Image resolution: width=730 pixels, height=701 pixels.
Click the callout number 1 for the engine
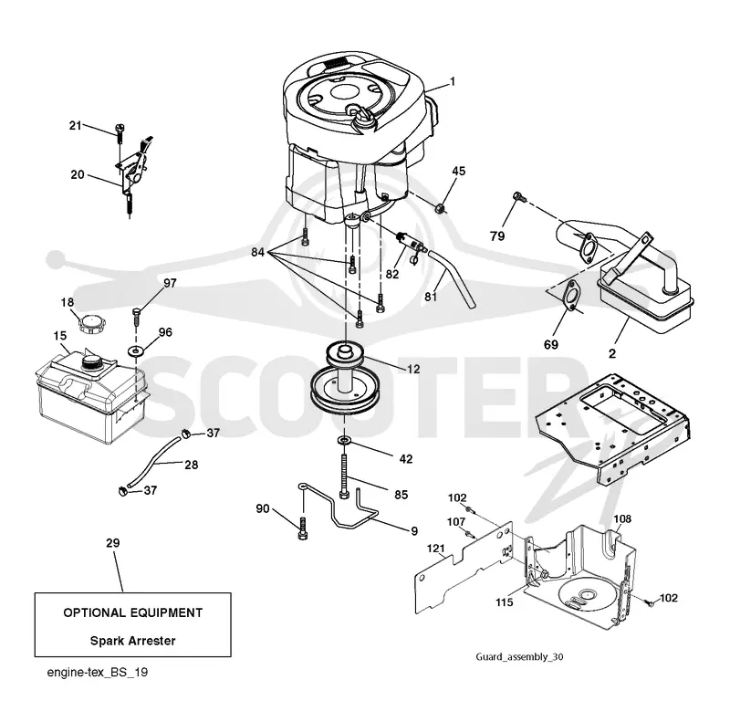[452, 82]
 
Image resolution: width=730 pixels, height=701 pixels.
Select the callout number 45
[459, 171]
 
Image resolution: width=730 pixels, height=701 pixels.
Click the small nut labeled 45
[440, 208]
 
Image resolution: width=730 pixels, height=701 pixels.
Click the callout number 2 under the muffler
[612, 353]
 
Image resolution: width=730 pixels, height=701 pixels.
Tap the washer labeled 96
[136, 350]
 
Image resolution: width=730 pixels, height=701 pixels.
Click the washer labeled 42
[345, 440]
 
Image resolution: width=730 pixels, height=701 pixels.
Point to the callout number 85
[401, 494]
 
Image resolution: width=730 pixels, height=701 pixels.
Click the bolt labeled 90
[303, 528]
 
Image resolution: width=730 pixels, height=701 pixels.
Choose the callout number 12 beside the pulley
[413, 369]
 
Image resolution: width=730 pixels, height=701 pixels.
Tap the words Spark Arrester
[132, 641]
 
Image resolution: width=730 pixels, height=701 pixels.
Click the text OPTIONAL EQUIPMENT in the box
[132, 612]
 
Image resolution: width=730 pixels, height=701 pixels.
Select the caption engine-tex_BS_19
[98, 672]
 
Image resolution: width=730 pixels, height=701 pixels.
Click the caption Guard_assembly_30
[519, 657]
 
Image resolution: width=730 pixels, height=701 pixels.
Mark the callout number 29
[112, 543]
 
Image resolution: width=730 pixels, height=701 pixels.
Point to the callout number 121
[436, 549]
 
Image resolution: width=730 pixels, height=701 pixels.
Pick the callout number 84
[257, 252]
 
